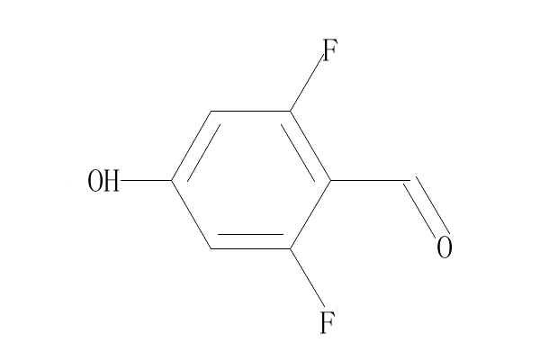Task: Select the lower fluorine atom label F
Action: click(x=328, y=321)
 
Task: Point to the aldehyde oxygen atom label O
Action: click(x=444, y=247)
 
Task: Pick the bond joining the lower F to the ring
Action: click(x=308, y=278)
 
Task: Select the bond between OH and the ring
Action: click(x=146, y=181)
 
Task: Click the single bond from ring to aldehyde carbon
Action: click(x=370, y=181)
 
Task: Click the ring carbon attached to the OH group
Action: click(x=171, y=181)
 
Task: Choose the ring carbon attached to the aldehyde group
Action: click(x=331, y=181)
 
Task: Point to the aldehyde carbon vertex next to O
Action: click(x=409, y=181)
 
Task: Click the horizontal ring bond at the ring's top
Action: click(x=251, y=112)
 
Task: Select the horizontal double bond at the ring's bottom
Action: click(x=251, y=247)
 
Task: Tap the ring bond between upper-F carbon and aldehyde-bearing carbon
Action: click(x=311, y=146)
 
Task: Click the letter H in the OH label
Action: click(x=112, y=182)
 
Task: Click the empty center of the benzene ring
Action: click(x=251, y=181)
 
